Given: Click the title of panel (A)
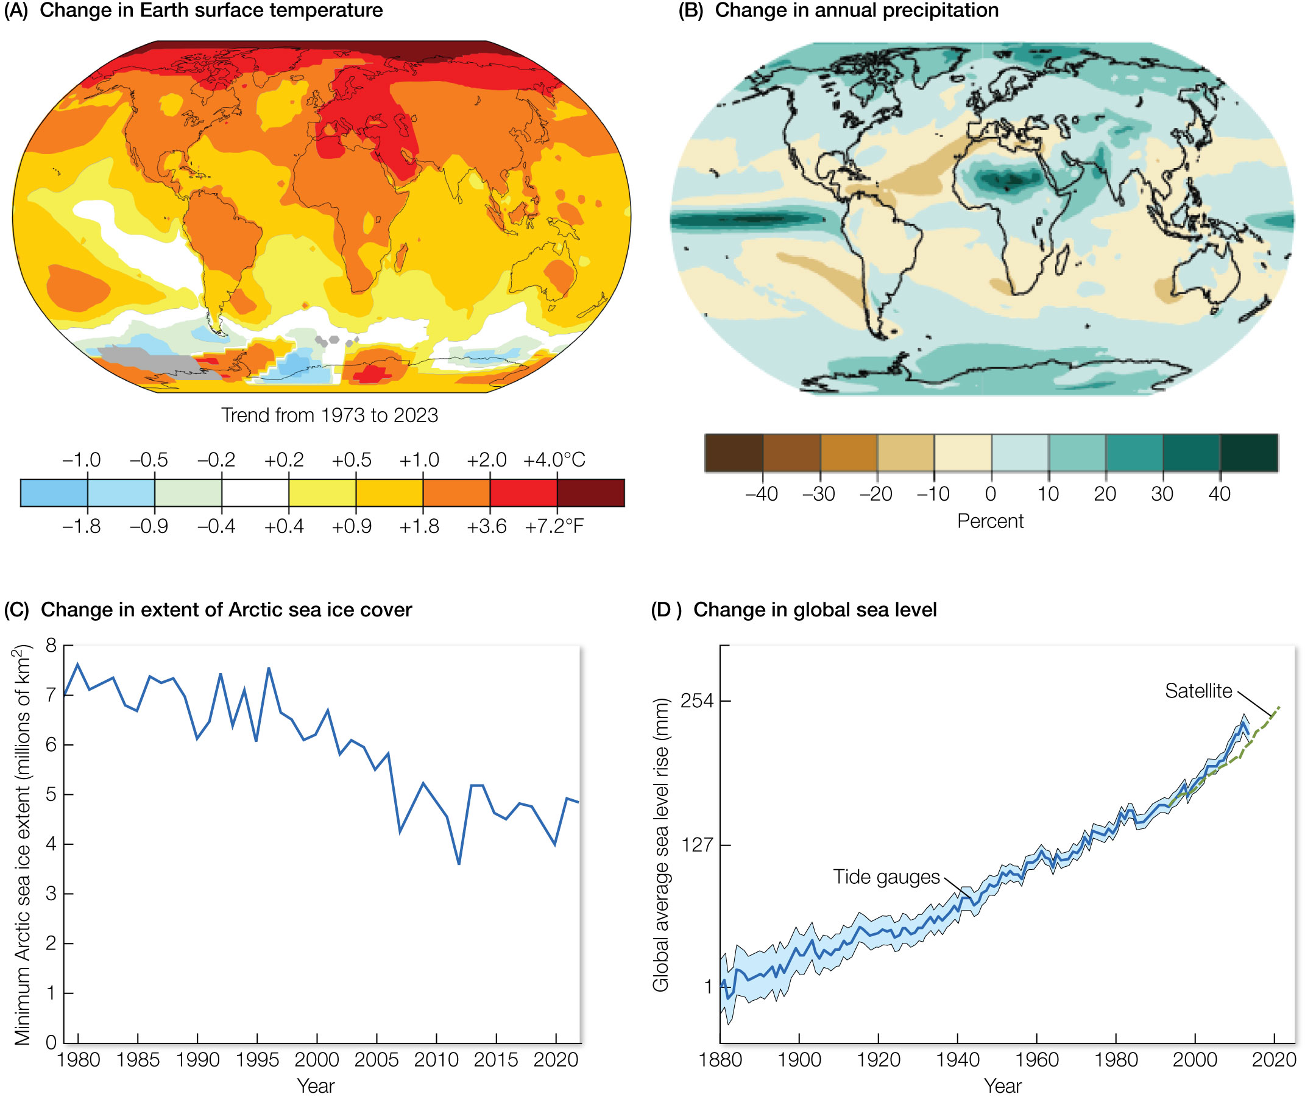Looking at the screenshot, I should tap(211, 10).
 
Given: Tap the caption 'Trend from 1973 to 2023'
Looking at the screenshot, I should tap(330, 415).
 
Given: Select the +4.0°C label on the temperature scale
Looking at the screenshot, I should tap(554, 460).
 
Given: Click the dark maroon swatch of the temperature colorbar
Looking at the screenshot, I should tap(590, 493).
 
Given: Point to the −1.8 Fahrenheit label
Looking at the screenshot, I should tap(82, 526).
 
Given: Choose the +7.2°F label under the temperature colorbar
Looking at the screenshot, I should tap(554, 526).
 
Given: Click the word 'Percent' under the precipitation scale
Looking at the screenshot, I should tap(989, 521).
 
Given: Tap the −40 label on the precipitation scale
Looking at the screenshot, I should tap(762, 494).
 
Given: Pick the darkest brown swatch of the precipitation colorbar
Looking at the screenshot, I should tap(734, 453).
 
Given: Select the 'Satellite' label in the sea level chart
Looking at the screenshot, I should tap(1198, 691).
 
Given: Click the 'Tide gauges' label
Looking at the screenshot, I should tap(886, 877).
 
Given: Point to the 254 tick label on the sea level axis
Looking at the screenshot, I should tap(698, 701).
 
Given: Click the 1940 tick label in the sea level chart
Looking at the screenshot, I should tap(957, 1060).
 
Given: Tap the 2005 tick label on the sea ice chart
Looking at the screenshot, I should tap(377, 1060).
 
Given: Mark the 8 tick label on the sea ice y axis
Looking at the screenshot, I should tap(51, 646).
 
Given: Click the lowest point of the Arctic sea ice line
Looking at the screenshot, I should tap(459, 863).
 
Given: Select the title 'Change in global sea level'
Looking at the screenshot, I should tap(815, 610).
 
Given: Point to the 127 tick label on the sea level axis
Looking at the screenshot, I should tap(698, 845).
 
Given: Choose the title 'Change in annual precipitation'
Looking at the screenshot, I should tap(857, 10).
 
